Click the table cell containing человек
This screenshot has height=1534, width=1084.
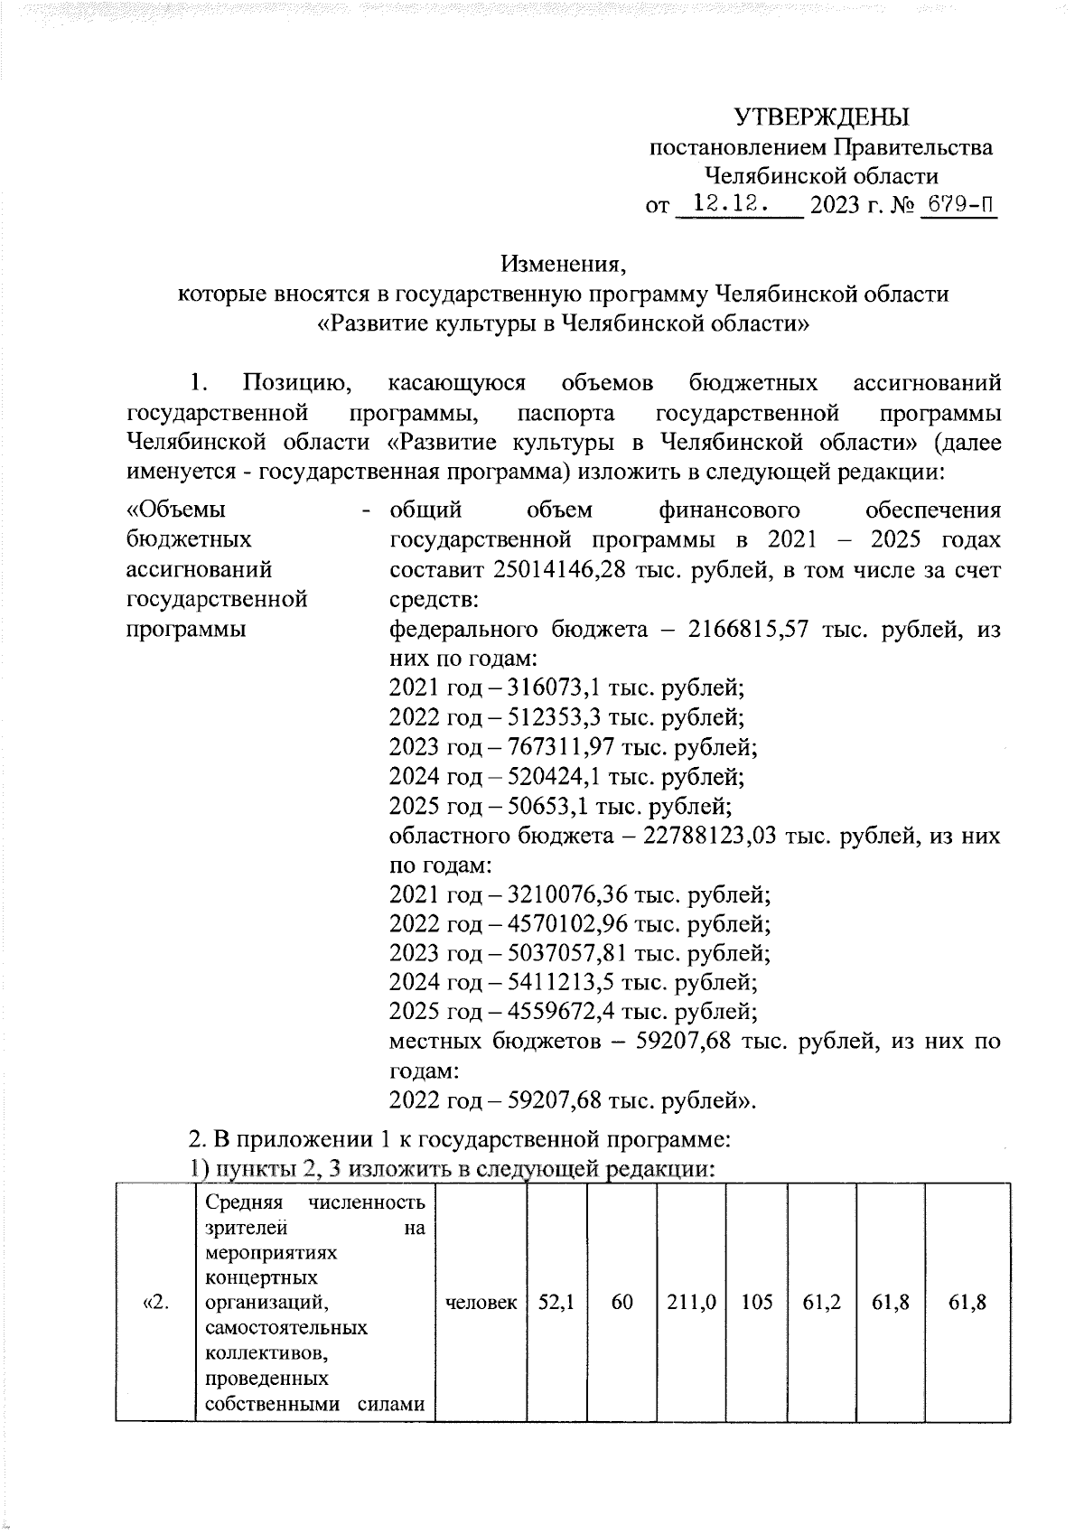tap(481, 1303)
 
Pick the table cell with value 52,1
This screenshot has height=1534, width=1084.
tap(556, 1303)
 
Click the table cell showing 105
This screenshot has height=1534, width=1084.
tap(756, 1303)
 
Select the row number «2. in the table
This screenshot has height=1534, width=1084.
tap(154, 1303)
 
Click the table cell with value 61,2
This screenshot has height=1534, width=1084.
tap(821, 1303)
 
